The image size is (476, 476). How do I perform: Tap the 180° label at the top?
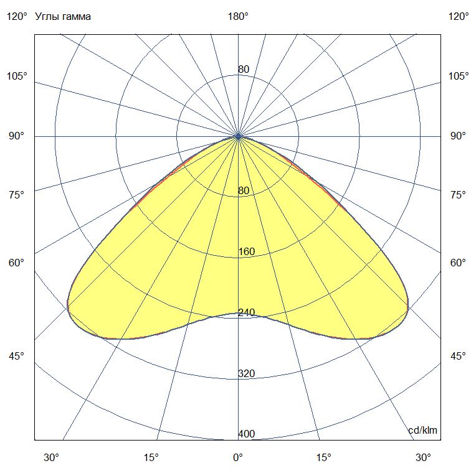(238, 17)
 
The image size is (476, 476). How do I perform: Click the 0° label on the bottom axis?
(238, 458)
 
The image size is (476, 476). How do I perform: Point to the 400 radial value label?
(247, 434)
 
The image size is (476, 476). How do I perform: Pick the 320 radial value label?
(247, 374)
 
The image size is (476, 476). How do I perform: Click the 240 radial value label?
(247, 313)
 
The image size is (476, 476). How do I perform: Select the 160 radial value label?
(247, 252)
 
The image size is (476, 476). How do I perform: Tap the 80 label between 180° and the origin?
(244, 69)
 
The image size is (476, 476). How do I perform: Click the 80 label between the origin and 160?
(244, 191)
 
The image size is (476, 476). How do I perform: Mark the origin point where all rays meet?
(238, 136)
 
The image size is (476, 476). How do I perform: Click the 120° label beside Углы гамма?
(17, 17)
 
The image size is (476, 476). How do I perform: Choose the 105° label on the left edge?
(17, 76)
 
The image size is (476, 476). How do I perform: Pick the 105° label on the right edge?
(459, 76)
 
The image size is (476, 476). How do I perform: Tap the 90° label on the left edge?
(17, 136)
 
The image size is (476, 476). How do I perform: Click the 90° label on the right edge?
(459, 136)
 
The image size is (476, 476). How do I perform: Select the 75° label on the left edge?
(17, 195)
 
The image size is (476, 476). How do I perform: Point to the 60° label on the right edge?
(459, 263)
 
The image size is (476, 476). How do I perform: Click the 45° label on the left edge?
(17, 356)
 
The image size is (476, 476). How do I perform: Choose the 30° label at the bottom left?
(52, 458)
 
